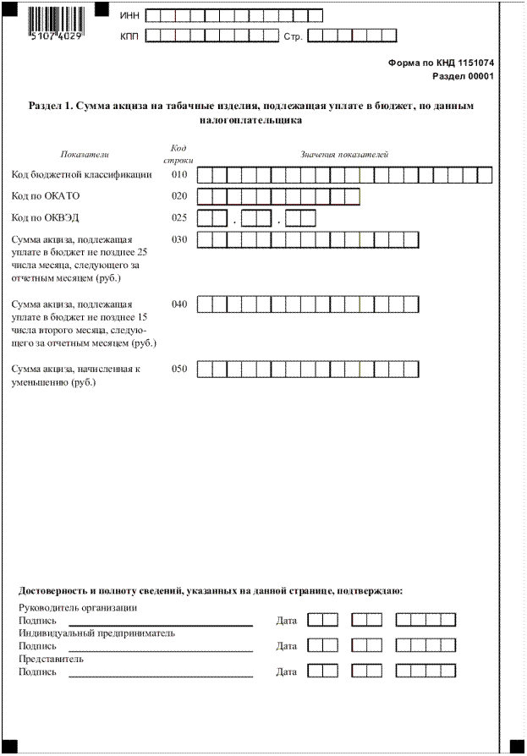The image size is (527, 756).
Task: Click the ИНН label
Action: [x=129, y=16]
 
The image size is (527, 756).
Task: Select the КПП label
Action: [x=129, y=36]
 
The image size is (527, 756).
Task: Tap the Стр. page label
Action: [x=293, y=36]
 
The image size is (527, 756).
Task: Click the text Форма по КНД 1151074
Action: [x=441, y=63]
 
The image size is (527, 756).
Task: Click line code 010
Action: [x=178, y=175]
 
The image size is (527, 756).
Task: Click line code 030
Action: [x=178, y=239]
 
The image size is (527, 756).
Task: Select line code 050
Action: [x=178, y=369]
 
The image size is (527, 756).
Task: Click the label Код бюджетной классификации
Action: [x=81, y=175]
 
